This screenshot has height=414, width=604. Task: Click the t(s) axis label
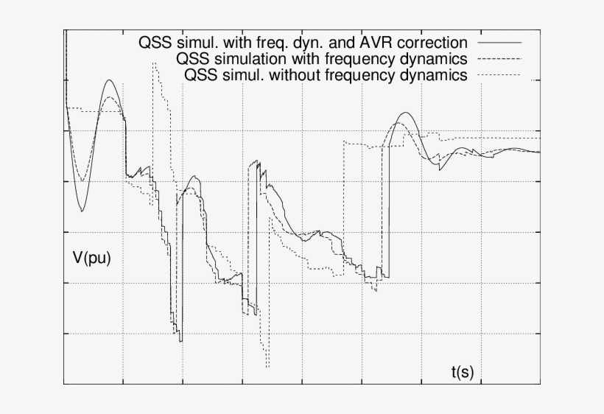tap(462, 372)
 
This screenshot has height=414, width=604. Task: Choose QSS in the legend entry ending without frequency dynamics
tap(201, 75)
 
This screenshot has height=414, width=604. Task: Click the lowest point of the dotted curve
tap(267, 367)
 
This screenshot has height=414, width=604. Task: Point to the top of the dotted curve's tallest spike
tap(154, 63)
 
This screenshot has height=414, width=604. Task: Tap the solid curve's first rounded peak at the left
tap(109, 80)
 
